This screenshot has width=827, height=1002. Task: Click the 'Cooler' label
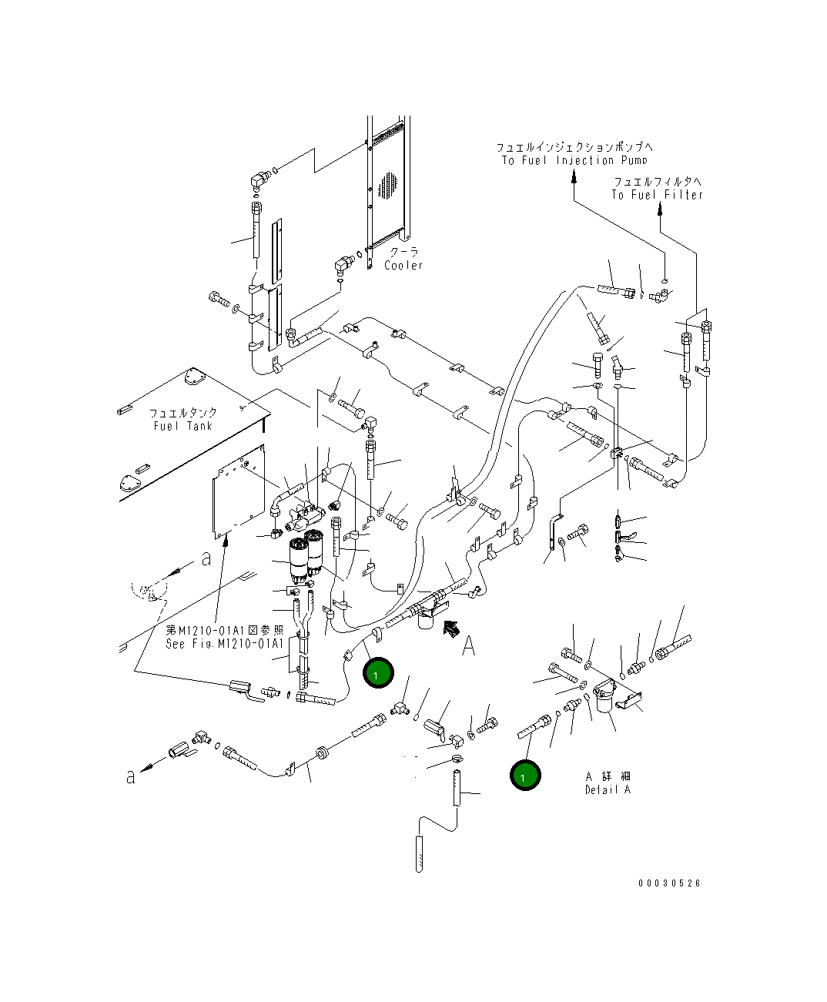pyautogui.click(x=404, y=265)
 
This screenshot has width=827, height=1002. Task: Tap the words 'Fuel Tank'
pyautogui.click(x=182, y=426)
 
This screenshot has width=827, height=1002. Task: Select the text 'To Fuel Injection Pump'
pyautogui.click(x=574, y=160)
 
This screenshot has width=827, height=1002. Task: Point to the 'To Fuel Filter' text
pyautogui.click(x=657, y=195)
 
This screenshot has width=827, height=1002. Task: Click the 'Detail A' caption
pyautogui.click(x=608, y=789)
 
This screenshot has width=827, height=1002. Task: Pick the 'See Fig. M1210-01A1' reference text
pyautogui.click(x=225, y=643)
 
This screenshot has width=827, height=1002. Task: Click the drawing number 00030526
pyautogui.click(x=669, y=883)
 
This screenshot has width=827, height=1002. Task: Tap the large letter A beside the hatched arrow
pyautogui.click(x=469, y=647)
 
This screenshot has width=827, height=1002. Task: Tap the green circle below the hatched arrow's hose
pyautogui.click(x=378, y=673)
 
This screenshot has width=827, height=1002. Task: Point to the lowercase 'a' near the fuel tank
pyautogui.click(x=206, y=559)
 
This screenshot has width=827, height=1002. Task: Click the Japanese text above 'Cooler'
pyautogui.click(x=403, y=252)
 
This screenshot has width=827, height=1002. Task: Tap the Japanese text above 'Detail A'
pyautogui.click(x=608, y=776)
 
